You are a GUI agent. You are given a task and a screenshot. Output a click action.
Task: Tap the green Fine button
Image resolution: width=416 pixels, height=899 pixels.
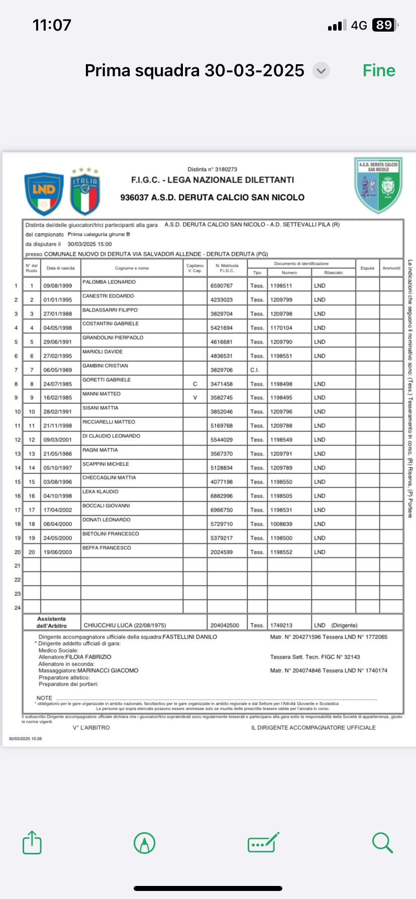(x=379, y=71)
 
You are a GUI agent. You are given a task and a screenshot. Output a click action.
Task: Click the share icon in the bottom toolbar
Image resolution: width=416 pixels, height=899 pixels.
(x=32, y=842)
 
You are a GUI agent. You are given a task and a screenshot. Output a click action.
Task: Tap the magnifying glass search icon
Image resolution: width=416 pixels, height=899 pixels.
(x=382, y=842)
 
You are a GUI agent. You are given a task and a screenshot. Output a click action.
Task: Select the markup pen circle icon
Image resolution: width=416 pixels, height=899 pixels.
(x=145, y=843)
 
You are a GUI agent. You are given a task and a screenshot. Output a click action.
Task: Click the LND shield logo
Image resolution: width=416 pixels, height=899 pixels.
(x=44, y=194)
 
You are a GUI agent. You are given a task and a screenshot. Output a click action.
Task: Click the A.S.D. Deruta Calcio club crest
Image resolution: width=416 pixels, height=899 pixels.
(x=378, y=185)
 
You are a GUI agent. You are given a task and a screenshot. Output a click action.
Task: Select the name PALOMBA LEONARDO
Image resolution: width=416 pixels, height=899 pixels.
(x=109, y=282)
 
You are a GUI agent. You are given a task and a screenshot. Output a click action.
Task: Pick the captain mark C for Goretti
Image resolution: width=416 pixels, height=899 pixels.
(x=195, y=384)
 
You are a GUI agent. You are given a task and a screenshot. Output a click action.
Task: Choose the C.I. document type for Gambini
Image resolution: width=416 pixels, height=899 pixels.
(x=255, y=370)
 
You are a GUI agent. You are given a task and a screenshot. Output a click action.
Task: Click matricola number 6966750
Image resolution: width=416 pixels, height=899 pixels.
(x=222, y=510)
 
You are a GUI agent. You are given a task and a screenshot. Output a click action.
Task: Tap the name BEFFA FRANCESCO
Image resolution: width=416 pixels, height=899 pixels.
(x=107, y=548)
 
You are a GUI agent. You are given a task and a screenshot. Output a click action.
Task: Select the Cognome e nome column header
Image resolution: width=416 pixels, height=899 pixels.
(x=132, y=268)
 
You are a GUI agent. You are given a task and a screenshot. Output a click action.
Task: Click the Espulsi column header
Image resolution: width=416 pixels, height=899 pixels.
(x=367, y=268)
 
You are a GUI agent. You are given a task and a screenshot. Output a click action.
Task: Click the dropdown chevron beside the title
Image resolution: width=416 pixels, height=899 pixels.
(x=321, y=71)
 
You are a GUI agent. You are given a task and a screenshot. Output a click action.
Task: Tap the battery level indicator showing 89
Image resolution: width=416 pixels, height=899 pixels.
(x=385, y=25)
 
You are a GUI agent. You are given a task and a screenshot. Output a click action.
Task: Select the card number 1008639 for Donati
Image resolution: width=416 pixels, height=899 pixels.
(x=281, y=524)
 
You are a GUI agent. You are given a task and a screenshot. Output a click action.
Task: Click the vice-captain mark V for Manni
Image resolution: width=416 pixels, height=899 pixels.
(x=195, y=398)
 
